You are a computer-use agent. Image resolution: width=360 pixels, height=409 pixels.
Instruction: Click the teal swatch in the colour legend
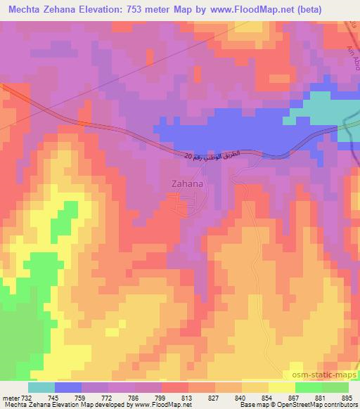tap(42, 387)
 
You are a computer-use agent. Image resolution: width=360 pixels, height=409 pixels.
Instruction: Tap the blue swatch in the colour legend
tap(69, 387)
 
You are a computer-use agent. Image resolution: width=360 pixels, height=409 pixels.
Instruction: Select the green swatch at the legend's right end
tap(335, 387)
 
